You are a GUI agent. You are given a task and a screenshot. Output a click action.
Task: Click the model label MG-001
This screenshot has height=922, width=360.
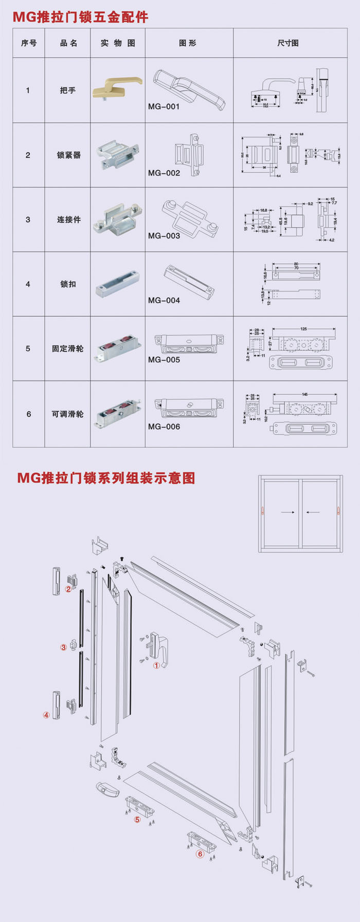[x=164, y=107]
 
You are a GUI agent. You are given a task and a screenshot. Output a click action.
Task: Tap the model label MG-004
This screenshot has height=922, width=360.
[x=164, y=300]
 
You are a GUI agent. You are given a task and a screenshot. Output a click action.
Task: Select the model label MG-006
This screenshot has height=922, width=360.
[x=164, y=427]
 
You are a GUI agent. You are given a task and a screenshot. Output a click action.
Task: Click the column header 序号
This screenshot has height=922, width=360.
[x=29, y=43]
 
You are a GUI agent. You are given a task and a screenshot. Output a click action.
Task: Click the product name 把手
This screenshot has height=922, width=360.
[x=67, y=91]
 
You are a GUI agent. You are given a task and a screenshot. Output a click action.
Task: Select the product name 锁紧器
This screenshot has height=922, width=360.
[x=68, y=155]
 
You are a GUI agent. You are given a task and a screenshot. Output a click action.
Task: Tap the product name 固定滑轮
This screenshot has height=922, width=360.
[x=67, y=349]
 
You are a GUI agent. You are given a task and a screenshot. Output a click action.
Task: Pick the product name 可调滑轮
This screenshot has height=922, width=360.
[x=67, y=414]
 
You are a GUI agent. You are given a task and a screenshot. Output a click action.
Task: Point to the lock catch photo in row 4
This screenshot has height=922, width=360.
[x=117, y=284]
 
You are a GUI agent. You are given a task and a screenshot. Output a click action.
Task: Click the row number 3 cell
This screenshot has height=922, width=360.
[x=28, y=220]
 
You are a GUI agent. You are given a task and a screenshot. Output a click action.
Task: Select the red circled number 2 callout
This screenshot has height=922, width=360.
[x=68, y=589]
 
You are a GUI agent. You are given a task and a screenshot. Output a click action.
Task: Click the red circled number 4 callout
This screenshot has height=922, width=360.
[x=46, y=715]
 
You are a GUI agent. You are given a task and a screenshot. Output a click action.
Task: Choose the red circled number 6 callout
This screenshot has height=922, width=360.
[x=200, y=854]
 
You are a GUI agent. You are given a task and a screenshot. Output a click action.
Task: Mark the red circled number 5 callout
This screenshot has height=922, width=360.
[x=137, y=819]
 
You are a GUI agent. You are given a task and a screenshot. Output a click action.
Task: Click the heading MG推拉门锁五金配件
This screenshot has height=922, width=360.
[x=81, y=17]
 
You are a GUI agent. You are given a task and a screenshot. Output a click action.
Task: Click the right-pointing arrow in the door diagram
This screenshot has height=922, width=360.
[x=288, y=512]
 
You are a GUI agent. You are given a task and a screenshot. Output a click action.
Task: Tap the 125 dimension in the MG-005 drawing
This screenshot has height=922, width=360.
[x=304, y=329]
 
